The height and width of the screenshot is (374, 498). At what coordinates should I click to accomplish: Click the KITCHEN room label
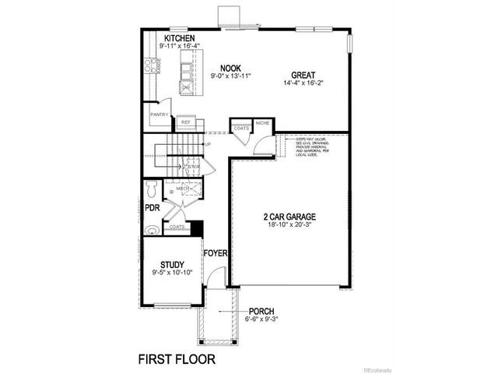coord(179,38)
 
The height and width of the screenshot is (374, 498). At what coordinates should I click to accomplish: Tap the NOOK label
coord(229,68)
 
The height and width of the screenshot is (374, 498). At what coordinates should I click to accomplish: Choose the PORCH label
coord(261,311)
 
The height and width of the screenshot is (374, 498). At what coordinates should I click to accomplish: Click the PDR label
coord(152,209)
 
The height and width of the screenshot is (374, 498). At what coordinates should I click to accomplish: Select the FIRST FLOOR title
coord(176,359)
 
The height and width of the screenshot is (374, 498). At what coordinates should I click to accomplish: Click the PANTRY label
coord(160,115)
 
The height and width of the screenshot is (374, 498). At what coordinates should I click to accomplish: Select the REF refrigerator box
coord(186,122)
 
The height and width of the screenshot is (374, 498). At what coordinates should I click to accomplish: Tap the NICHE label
coord(262,123)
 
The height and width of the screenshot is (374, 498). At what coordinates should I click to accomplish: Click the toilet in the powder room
coord(152,189)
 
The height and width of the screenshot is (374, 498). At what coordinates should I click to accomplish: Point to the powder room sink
coord(150,230)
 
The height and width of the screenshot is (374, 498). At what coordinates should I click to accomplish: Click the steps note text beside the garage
coord(311,147)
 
